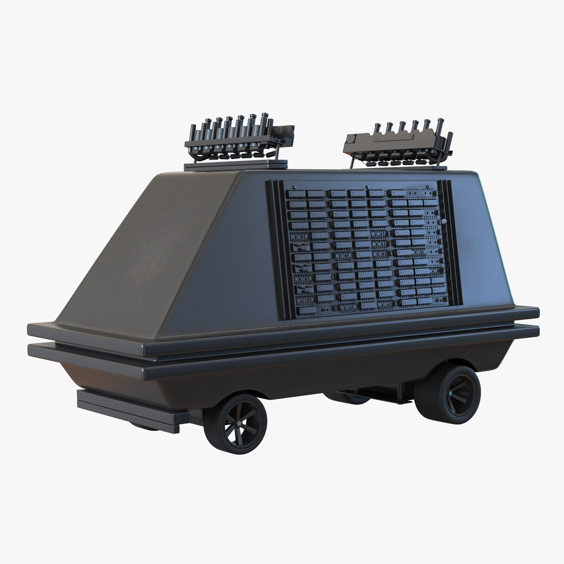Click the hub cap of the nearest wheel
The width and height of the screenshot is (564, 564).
click(x=239, y=423)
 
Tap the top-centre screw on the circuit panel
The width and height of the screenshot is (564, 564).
click(x=367, y=187)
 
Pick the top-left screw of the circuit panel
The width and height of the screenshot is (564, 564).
click(x=294, y=187)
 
